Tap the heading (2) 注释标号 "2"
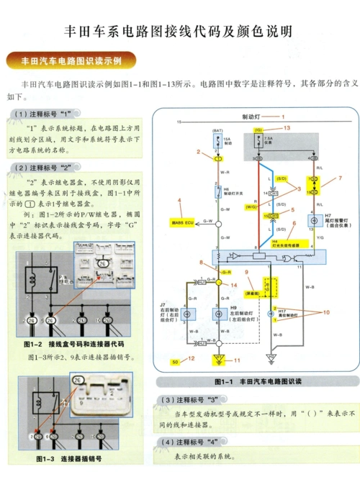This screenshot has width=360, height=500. coord(44,167)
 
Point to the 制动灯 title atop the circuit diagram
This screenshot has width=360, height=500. coord(252,116)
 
